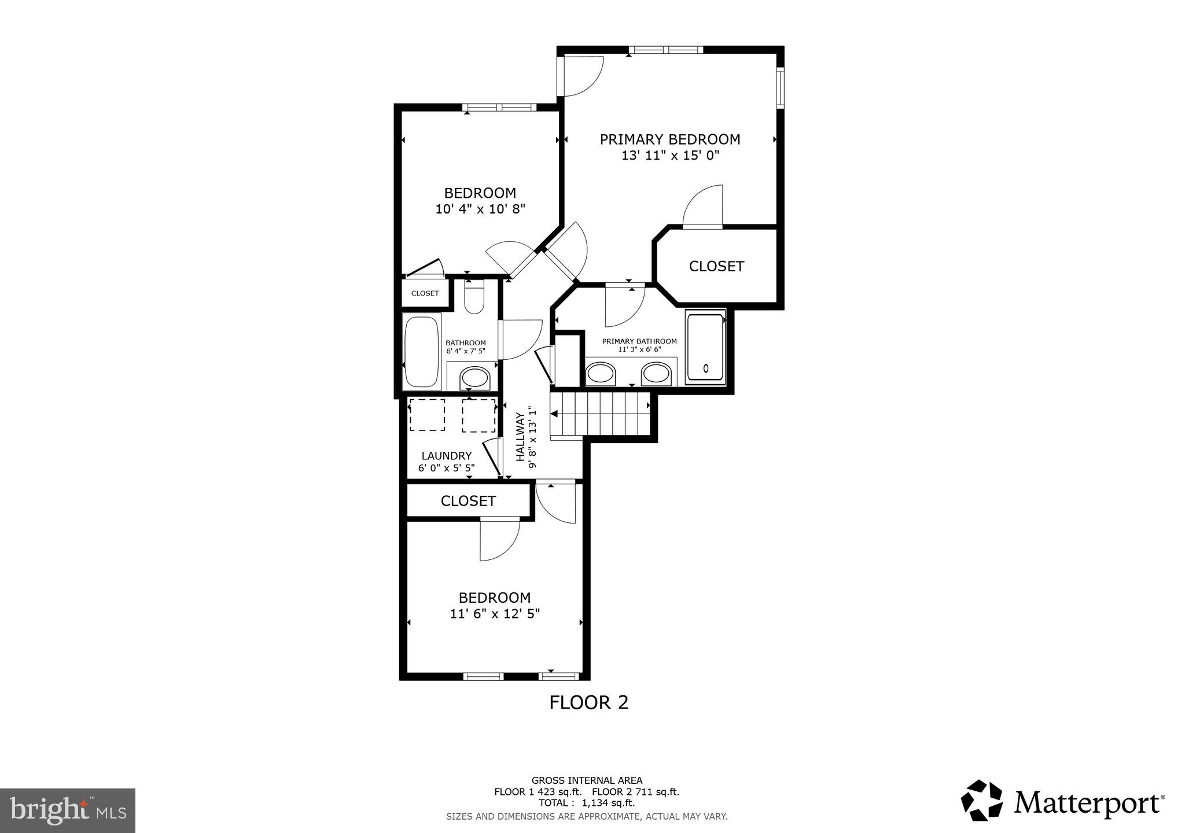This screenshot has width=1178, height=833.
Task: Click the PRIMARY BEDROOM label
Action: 669,139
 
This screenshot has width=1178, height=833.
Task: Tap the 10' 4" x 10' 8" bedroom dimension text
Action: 480,209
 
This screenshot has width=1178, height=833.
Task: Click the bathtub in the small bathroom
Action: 422,351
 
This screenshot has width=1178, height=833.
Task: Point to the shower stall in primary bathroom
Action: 705,347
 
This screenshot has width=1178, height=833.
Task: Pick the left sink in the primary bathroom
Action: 601,374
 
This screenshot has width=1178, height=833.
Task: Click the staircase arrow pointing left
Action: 554,414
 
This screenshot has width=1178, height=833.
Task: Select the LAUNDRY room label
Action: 446,456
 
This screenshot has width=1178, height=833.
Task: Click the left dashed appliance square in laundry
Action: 427,415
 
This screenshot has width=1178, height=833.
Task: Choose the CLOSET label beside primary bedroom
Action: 716,266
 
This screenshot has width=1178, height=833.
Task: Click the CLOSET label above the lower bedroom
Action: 468,501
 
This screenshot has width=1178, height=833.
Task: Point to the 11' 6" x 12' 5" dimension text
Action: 495,614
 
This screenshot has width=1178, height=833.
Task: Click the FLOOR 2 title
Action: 588,702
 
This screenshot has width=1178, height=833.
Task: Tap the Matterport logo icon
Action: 982,801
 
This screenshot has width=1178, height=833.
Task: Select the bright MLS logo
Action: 67,810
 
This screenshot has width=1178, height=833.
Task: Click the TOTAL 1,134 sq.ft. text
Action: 587,803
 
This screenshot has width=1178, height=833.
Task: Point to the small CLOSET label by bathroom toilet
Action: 425,293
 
